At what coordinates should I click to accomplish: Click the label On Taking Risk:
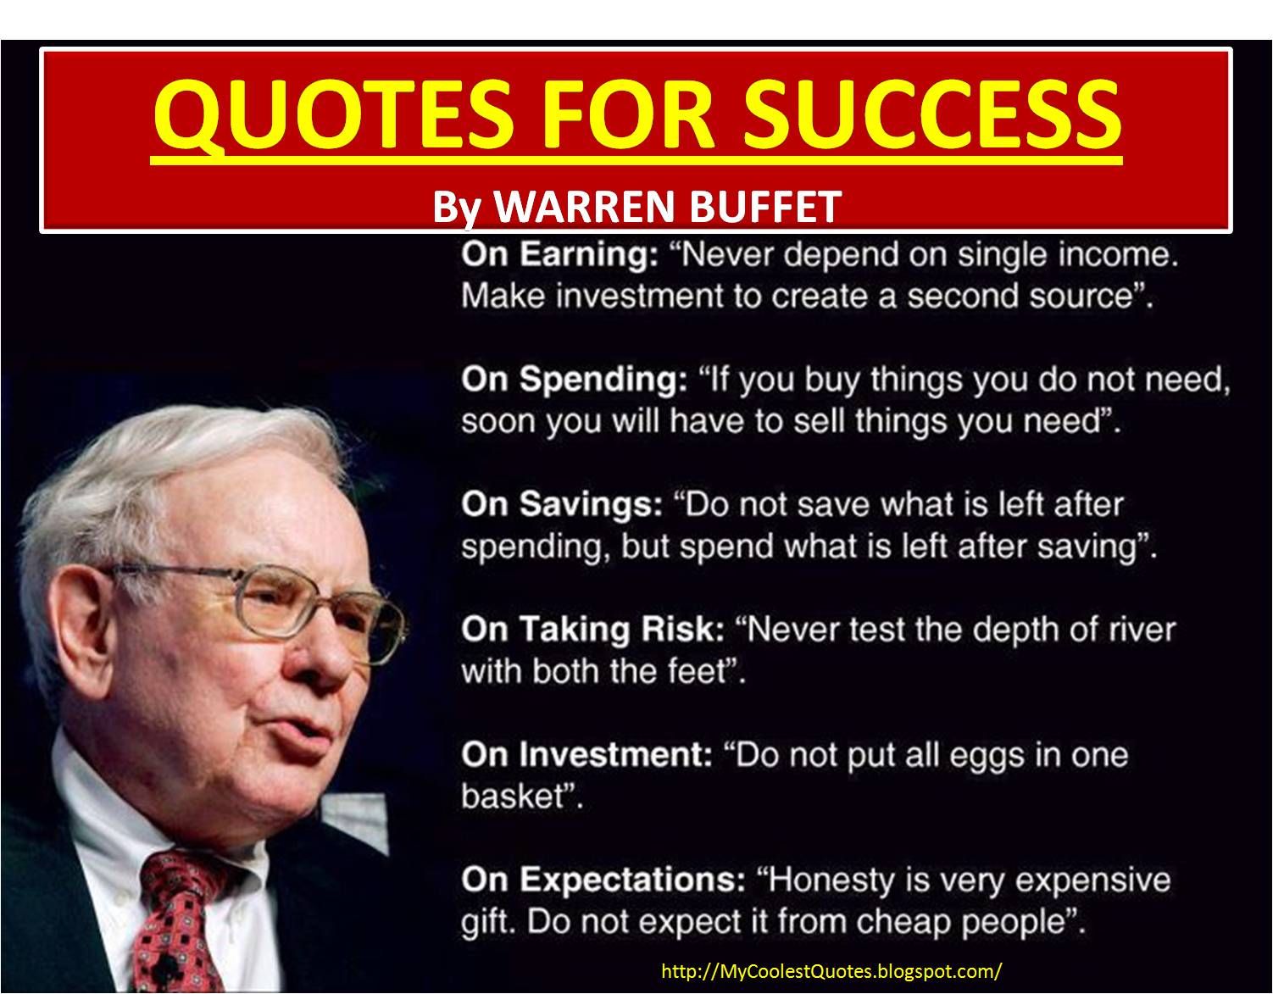click(592, 630)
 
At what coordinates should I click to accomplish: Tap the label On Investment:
click(586, 755)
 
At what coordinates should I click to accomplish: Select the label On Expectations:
click(603, 880)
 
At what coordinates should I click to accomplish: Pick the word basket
click(514, 797)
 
